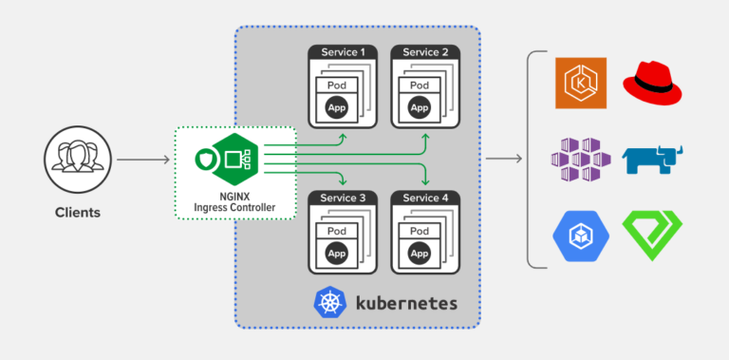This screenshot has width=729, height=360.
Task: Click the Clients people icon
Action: coord(72,152)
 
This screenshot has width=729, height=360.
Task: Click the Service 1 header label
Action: coord(344,52)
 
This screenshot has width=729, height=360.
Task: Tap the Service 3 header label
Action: coord(344,198)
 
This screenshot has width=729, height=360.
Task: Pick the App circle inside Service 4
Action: coord(419,255)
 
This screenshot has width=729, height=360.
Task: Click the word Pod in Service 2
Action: coord(419,85)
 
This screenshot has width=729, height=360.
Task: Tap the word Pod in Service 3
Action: coord(337,231)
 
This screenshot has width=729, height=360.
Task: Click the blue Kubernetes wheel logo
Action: coord(328,304)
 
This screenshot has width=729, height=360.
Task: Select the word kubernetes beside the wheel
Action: coord(406,305)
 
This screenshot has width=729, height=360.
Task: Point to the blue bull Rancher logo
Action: coord(652,159)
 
